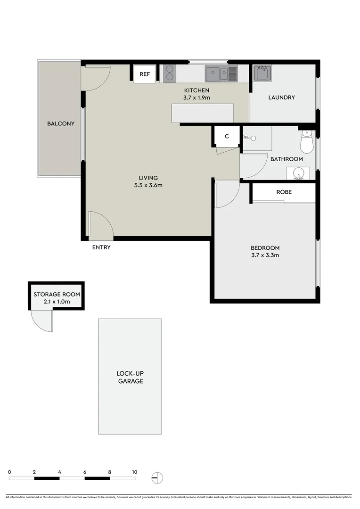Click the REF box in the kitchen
pos(145,74)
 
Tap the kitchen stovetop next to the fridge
pos(169,74)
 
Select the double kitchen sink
pos(221,73)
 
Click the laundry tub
pos(262,73)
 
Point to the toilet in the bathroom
pos(307,142)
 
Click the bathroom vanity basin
pos(298,173)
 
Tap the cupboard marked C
pos(227,137)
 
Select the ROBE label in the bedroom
pos(284,192)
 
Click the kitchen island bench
pos(203,113)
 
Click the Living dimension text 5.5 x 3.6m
pos(148,185)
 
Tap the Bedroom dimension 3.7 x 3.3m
pos(265,255)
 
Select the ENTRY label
pos(101,247)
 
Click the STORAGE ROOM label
pos(57,294)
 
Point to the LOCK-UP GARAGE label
pos(130,377)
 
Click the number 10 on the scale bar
pos(134,472)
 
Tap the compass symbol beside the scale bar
pos(157,477)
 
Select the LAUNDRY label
pos(281,98)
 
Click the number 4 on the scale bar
pos(59,472)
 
